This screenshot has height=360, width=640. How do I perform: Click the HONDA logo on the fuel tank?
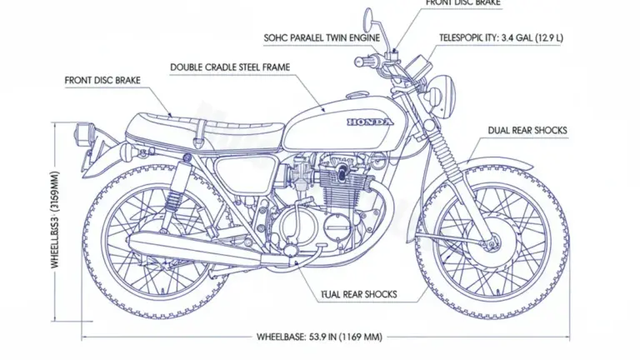coord(367,122)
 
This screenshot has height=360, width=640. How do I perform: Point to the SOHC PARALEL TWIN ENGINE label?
coord(322,37)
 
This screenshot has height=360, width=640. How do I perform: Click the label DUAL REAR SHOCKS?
coord(527,131)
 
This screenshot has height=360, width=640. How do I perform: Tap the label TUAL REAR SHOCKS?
coord(358,294)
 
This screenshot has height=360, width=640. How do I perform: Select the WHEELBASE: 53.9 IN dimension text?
coord(319,337)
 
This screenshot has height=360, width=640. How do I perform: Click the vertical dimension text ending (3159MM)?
coord(55,222)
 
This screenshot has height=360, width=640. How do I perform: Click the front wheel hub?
coord(491,242)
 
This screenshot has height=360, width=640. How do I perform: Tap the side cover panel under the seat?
coord(242,173)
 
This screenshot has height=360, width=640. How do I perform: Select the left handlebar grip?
coord(364,62)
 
